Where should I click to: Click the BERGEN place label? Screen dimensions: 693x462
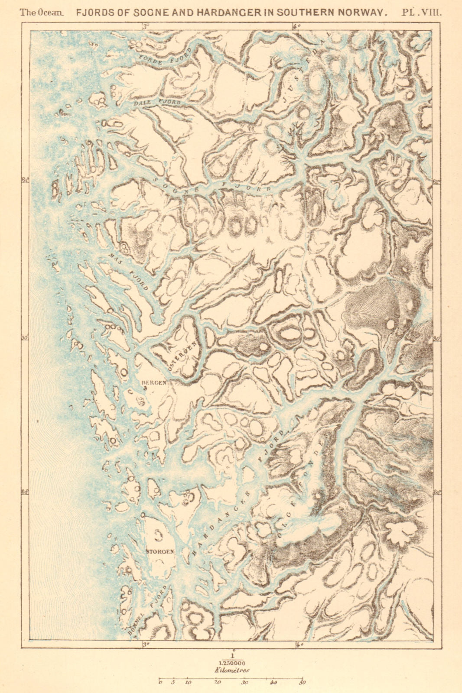click(154, 382)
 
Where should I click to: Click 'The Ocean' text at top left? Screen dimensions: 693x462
click(41, 13)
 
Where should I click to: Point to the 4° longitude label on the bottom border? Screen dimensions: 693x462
click(299, 644)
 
